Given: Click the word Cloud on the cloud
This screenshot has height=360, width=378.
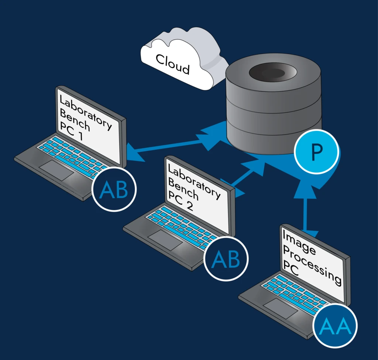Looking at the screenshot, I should click(172, 64).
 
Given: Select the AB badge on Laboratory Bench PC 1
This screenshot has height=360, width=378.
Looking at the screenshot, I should click(114, 189).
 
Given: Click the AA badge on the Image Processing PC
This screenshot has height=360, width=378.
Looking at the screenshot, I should click(335, 325).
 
